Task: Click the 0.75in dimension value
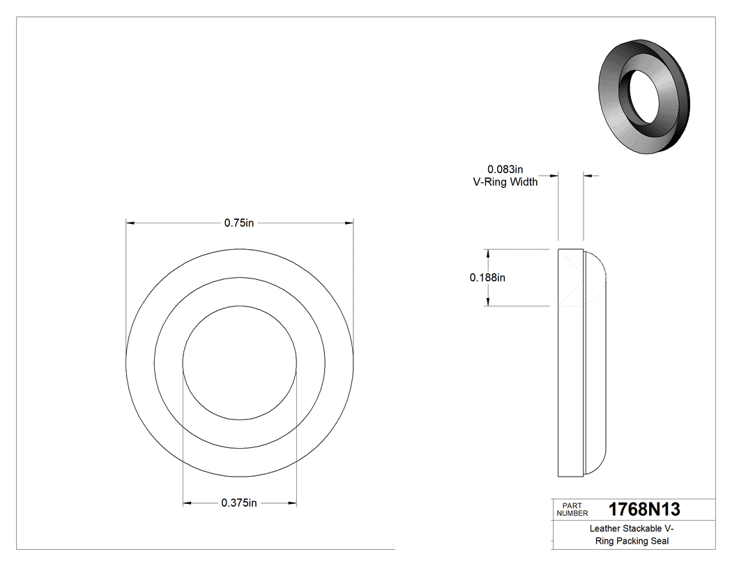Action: click(238, 223)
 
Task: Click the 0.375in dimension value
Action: click(239, 503)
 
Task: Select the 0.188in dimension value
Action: click(487, 277)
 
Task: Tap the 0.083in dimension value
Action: click(505, 169)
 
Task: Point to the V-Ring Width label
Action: click(505, 183)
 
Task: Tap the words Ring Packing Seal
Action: click(631, 541)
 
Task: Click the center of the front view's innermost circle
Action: click(239, 363)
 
